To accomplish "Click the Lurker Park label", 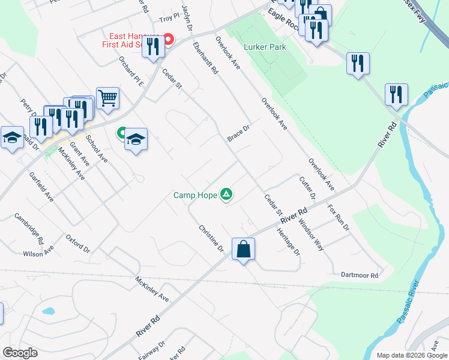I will [265, 47].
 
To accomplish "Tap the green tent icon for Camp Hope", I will [226, 193].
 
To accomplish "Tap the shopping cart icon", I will [107, 97].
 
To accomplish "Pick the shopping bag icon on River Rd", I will [243, 248].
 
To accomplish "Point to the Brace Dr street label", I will [238, 134].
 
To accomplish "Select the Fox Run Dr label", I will [338, 217].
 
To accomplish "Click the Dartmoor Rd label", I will [359, 275].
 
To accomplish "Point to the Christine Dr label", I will [211, 238].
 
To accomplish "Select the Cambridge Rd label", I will [29, 229].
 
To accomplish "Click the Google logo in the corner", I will [20, 353].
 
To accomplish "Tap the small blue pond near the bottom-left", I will [47, 312].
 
